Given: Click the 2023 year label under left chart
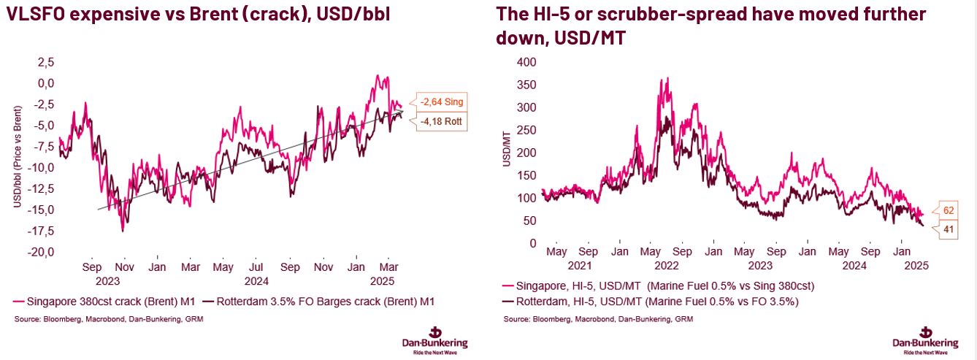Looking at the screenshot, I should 108,280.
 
